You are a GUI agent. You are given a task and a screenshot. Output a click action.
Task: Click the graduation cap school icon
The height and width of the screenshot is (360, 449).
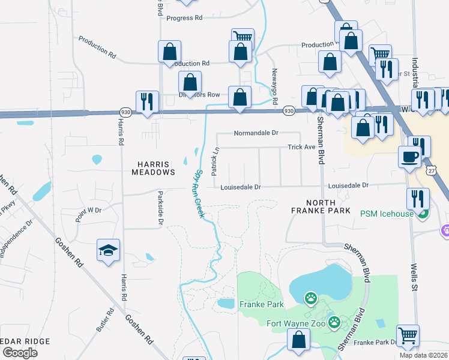(109, 251)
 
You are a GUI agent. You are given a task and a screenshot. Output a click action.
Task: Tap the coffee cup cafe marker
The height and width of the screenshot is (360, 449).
(410, 157)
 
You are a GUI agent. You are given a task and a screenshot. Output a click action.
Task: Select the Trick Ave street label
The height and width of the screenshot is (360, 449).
(301, 147)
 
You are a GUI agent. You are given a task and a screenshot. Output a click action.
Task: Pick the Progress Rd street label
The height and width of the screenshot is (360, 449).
(184, 18)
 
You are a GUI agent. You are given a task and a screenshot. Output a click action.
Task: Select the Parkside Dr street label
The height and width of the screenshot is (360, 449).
(160, 208)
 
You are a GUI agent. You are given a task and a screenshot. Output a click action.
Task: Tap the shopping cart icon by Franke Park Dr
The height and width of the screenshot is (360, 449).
(408, 335)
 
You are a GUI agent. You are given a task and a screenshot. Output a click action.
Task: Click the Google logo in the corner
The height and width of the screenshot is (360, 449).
(20, 352)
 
